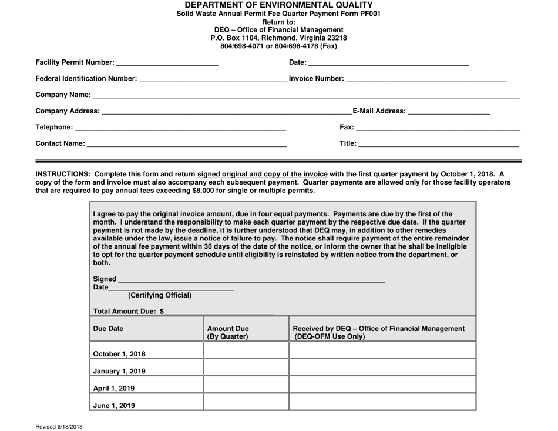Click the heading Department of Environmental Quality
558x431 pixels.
(279, 5)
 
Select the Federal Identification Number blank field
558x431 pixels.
(213, 79)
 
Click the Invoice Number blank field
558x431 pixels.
(426, 79)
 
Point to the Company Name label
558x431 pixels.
(63, 95)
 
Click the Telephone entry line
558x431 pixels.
(180, 127)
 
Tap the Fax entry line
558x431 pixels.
(438, 127)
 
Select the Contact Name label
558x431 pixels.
(60, 143)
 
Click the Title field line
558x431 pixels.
(439, 143)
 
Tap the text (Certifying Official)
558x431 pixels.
(160, 295)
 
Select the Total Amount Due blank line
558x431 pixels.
(219, 312)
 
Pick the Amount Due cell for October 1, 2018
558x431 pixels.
(246, 350)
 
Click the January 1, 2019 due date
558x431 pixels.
(120, 371)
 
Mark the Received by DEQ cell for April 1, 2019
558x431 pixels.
(382, 385)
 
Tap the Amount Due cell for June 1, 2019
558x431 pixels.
(246, 402)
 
